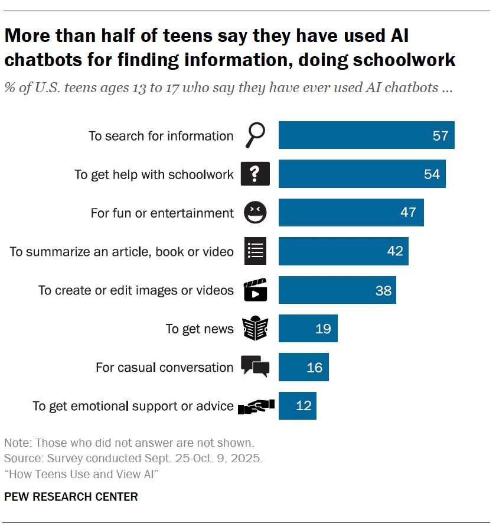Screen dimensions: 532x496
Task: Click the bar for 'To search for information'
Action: coord(366,135)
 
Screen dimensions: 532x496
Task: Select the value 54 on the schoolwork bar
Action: coord(432,174)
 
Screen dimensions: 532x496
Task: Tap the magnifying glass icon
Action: coord(255,136)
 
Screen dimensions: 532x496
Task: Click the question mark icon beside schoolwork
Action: coord(255,174)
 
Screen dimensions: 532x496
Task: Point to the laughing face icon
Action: coord(255,213)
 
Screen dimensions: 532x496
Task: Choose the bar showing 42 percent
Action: coord(343,251)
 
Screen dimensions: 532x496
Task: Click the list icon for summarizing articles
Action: coord(255,251)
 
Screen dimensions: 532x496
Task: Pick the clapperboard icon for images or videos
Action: coord(255,290)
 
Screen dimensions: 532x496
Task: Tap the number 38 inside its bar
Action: coord(383,290)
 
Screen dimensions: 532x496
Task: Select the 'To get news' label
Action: coord(200,329)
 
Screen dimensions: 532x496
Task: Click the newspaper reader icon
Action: coord(255,329)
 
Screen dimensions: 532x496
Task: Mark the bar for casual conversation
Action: coord(304,367)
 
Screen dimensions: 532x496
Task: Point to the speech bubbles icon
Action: coord(255,366)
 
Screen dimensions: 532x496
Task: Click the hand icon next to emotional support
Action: coord(256,406)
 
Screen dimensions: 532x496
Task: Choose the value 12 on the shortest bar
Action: coord(304,406)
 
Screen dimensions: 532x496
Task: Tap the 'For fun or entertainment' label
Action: coord(162,213)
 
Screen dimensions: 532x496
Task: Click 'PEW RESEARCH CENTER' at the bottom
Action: coord(71,497)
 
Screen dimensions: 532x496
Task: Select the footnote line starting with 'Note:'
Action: coord(129,442)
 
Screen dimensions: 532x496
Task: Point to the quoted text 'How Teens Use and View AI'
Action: coord(82,474)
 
